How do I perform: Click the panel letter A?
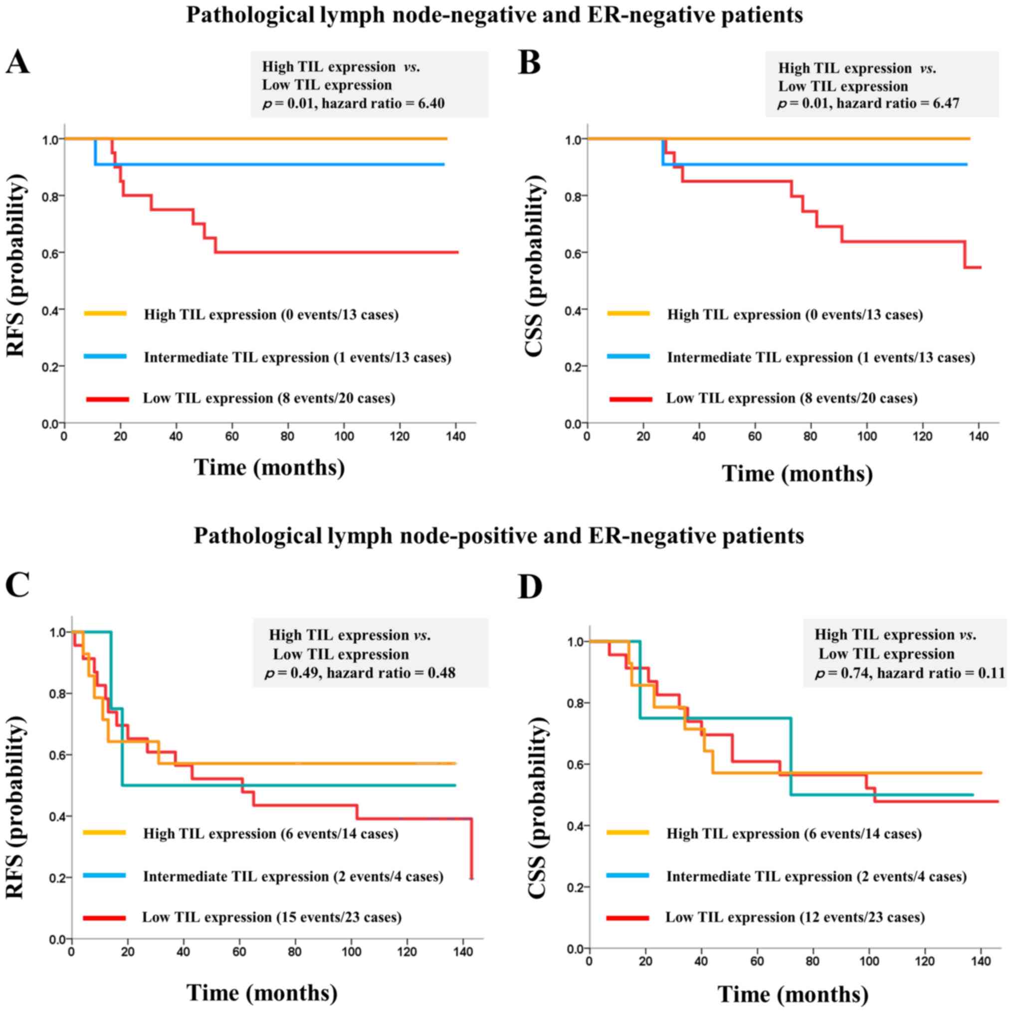[17, 63]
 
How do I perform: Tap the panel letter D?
[530, 587]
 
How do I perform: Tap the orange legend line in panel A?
[105, 314]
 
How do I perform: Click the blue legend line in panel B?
[628, 357]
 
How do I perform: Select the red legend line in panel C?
[104, 918]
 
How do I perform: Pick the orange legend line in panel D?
[627, 832]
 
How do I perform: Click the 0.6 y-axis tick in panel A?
[53, 253]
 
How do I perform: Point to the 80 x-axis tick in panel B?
[810, 437]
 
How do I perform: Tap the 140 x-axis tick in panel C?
[463, 952]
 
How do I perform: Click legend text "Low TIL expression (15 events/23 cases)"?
[272, 918]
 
